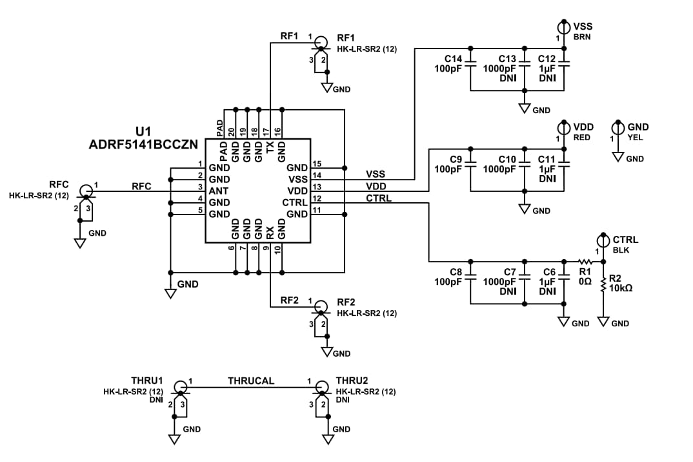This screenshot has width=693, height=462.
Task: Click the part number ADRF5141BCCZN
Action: tap(143, 145)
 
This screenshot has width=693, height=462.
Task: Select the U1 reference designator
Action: tap(143, 132)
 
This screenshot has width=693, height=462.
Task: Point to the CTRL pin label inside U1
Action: tap(295, 203)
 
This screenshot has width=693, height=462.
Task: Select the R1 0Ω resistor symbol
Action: tap(585, 261)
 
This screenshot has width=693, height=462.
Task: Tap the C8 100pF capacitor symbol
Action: tap(471, 278)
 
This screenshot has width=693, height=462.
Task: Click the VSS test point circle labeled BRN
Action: tap(564, 26)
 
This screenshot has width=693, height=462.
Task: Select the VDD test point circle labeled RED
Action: tap(564, 127)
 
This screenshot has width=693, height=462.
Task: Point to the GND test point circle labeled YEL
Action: tap(618, 127)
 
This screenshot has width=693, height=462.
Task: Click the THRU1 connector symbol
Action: tap(180, 388)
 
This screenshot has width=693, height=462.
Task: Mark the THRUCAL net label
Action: tap(251, 381)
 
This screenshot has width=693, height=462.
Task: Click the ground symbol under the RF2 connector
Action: tap(327, 352)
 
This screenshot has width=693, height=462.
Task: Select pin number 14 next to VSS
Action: tap(316, 175)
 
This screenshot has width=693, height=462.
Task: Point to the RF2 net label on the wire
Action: tap(290, 300)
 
